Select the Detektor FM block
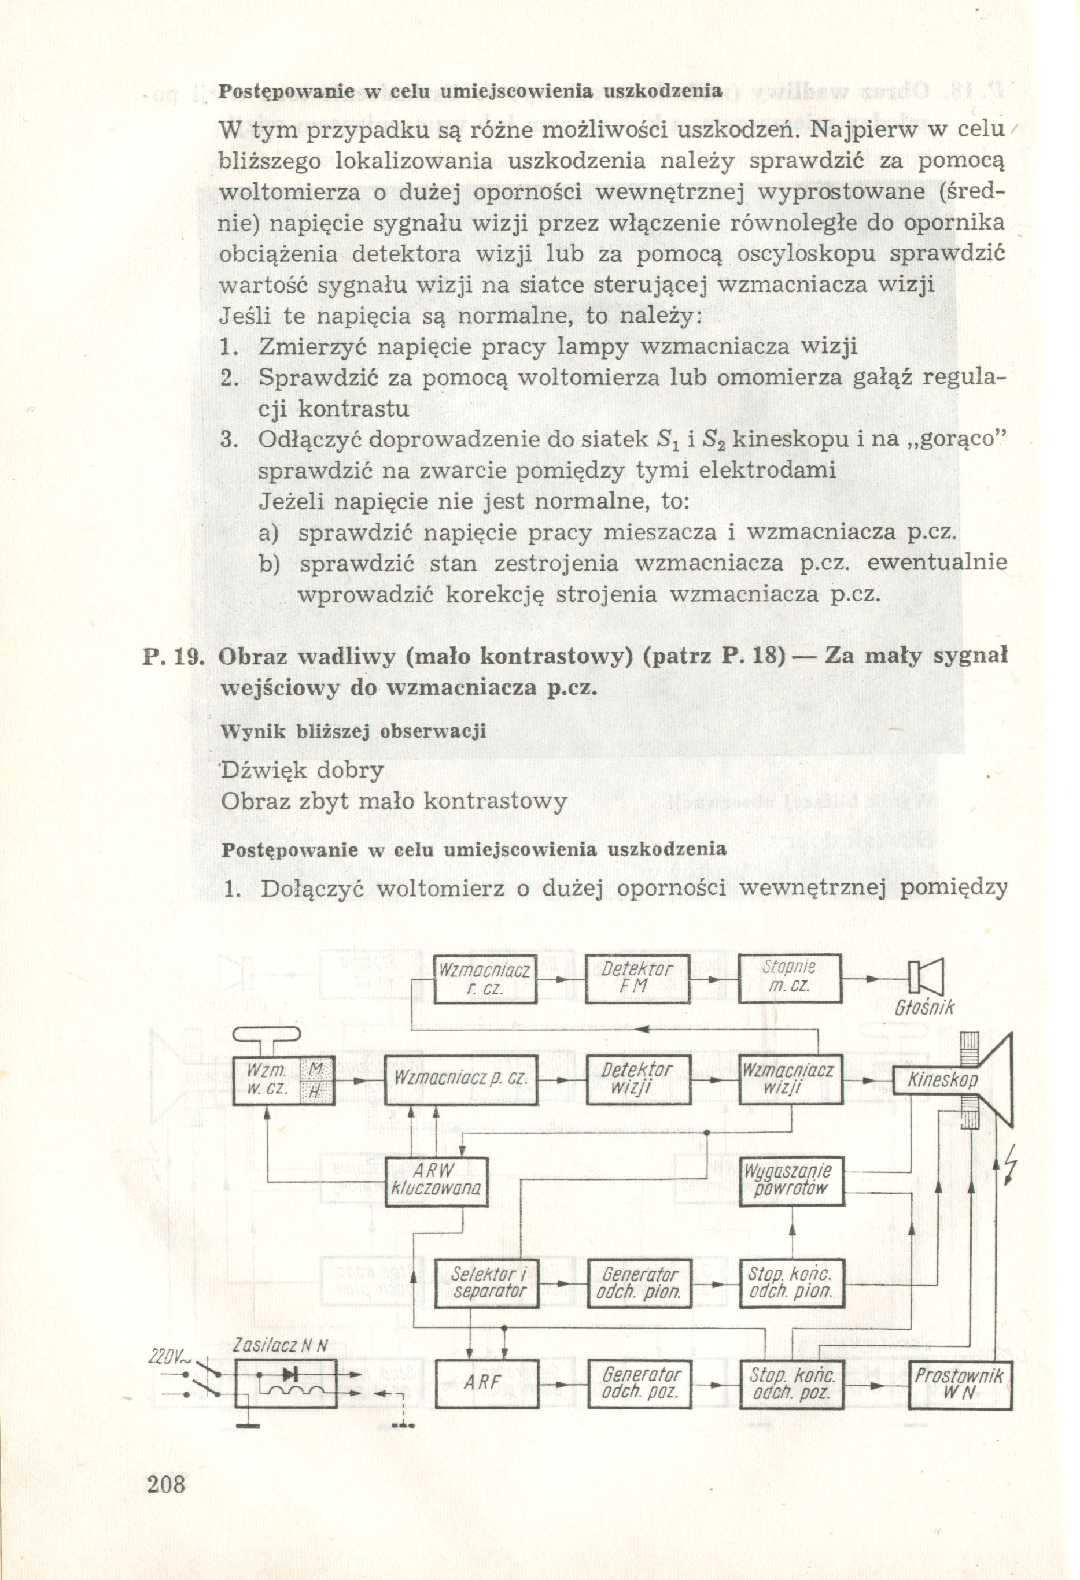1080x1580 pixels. pyautogui.click(x=637, y=978)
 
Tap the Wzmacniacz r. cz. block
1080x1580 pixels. pyautogui.click(x=485, y=979)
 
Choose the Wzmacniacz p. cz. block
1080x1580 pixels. pyautogui.click(x=460, y=1079)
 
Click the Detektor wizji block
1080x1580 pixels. pyautogui.click(x=637, y=1079)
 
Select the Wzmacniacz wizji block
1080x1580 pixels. pyautogui.click(x=790, y=1079)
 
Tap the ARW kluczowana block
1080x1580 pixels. pyautogui.click(x=437, y=1181)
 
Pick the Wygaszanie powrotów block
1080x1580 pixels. pyautogui.click(x=790, y=1181)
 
